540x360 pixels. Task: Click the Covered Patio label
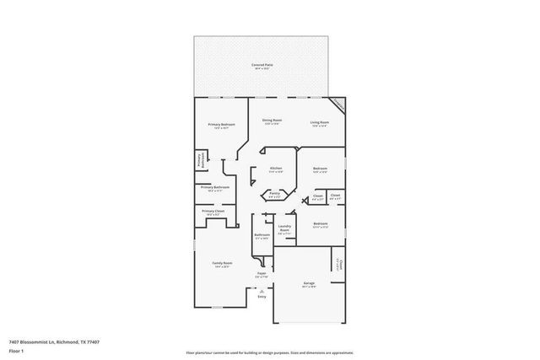[262, 65]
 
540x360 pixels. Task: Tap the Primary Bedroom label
[220, 125]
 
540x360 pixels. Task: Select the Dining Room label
[271, 121]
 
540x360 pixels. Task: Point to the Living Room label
[319, 122]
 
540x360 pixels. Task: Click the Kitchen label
[276, 169]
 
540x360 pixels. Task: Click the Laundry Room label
[284, 228]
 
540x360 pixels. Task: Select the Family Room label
[221, 263]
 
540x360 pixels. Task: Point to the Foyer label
[262, 274]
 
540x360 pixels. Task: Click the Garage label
[309, 283]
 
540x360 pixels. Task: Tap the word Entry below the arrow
[262, 297]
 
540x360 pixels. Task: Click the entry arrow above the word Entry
[262, 289]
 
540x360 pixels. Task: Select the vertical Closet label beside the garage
[341, 265]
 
